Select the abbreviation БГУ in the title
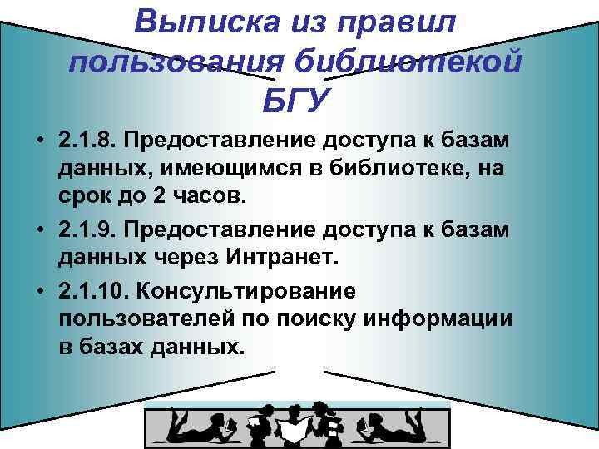(x=296, y=101)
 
